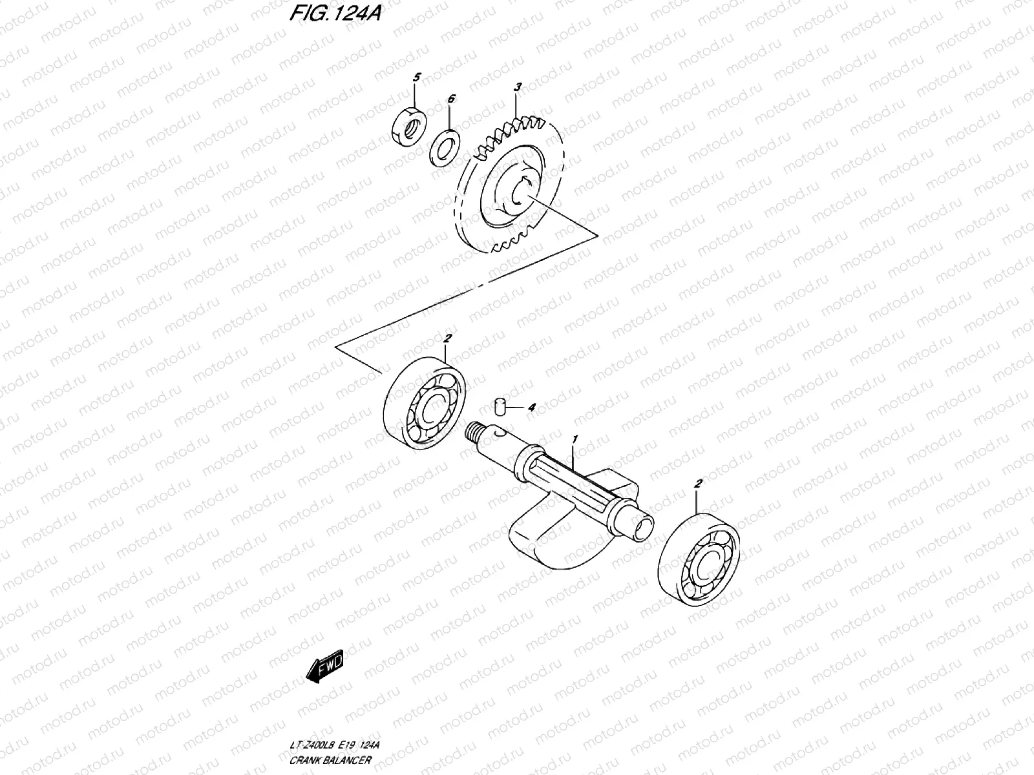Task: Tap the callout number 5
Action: tap(416, 77)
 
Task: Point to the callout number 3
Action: tap(517, 86)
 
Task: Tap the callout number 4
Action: tap(531, 408)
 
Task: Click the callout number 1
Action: tap(575, 439)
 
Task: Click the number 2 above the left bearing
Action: tap(447, 338)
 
